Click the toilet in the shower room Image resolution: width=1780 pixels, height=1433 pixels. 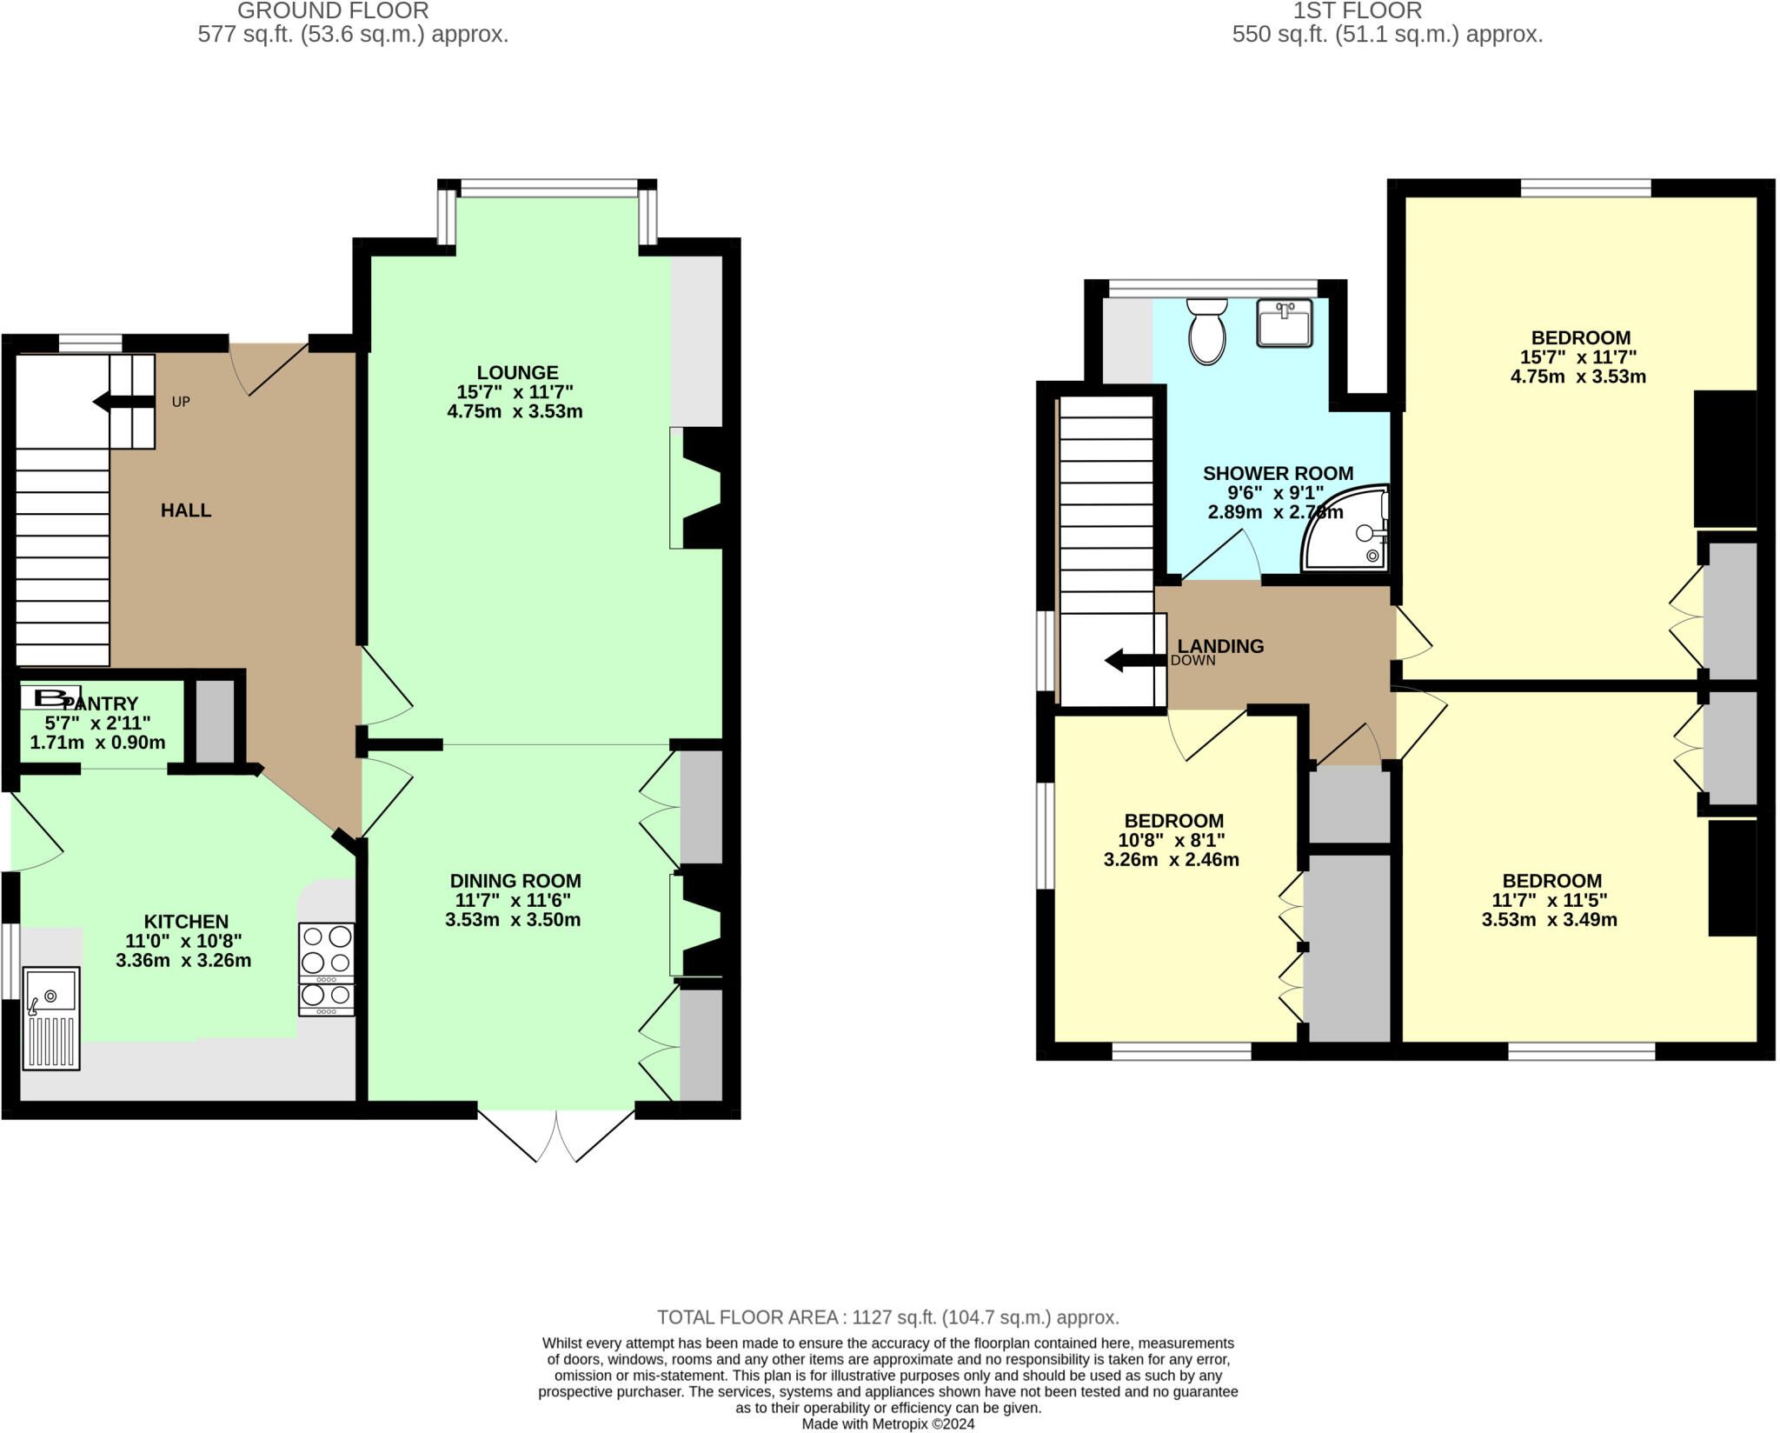[x=1206, y=331]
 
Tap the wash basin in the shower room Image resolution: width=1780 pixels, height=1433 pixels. [x=1284, y=323]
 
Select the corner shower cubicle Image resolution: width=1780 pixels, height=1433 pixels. [x=1345, y=528]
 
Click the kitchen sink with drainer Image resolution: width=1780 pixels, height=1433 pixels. [x=50, y=1018]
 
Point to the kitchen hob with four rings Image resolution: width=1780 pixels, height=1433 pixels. [x=326, y=969]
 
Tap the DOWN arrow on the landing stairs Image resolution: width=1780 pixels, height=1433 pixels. [x=1135, y=660]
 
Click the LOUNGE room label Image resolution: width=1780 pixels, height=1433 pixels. [x=516, y=373]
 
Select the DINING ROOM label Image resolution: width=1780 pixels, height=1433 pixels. [x=515, y=881]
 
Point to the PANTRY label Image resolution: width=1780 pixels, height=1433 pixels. [x=101, y=703]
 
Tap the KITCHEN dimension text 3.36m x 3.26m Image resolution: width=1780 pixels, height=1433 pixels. [x=183, y=961]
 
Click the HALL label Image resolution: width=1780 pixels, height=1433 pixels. [x=186, y=510]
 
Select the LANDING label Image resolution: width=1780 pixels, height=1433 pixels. [x=1220, y=646]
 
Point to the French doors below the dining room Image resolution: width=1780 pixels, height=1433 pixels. [x=556, y=1134]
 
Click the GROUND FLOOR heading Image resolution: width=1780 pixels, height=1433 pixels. [x=333, y=11]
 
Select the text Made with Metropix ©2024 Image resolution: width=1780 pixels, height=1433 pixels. [x=888, y=1424]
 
